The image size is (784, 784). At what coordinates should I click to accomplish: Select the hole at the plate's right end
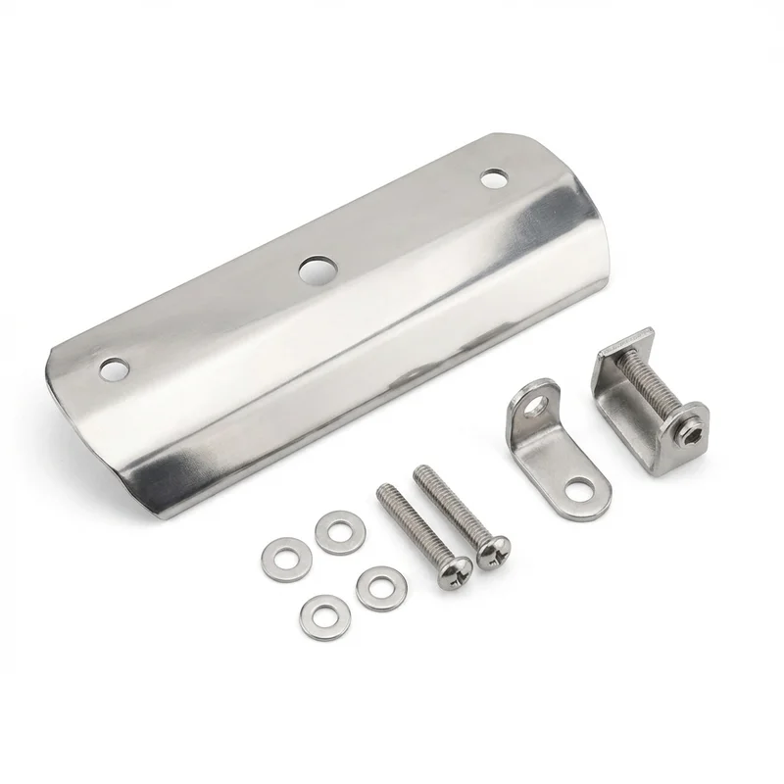[x=494, y=178]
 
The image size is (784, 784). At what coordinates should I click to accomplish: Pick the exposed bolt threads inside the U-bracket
[x=649, y=381]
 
